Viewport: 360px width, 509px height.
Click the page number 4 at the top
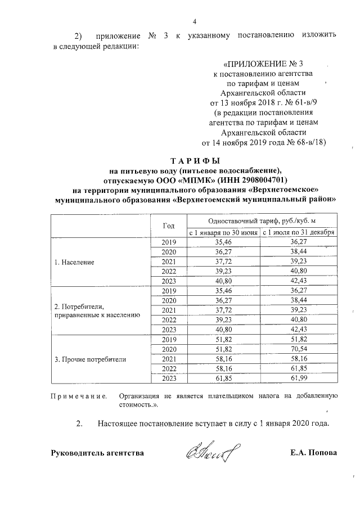[195, 22]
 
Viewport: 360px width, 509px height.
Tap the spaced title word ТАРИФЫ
[195, 160]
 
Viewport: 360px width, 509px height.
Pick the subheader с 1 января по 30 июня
[223, 232]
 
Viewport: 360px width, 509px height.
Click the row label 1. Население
[74, 262]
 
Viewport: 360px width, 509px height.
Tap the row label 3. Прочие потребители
[90, 358]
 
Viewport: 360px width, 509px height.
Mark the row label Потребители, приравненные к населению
[96, 310]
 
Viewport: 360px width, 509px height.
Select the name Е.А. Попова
[313, 452]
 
